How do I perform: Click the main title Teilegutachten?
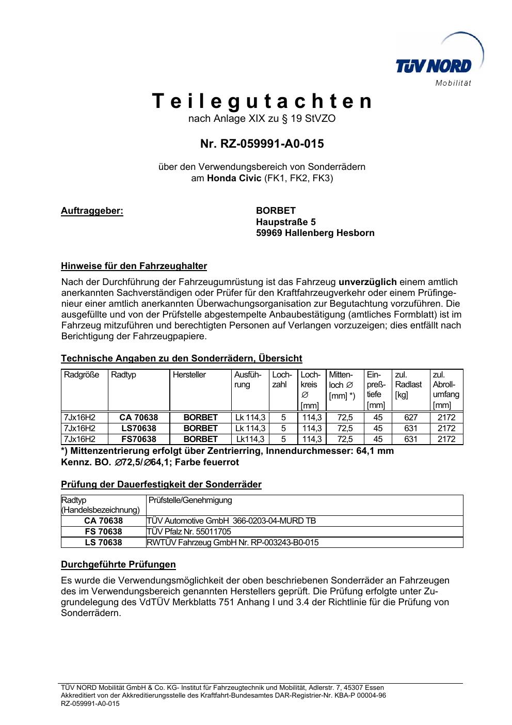click(262, 102)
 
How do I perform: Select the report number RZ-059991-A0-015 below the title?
click(262, 144)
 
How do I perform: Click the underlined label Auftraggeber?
click(92, 211)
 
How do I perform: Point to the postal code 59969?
click(269, 233)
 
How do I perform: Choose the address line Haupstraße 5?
click(286, 222)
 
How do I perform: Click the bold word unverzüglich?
click(367, 282)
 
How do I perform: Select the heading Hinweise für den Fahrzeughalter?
click(134, 266)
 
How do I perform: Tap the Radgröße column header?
click(81, 375)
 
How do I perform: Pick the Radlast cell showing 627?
click(411, 417)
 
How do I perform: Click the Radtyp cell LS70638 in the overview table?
click(138, 429)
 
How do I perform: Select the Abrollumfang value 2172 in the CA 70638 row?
click(446, 417)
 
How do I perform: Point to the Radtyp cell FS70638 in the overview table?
click(138, 439)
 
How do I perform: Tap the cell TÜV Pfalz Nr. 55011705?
click(189, 532)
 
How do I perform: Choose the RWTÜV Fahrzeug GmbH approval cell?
click(233, 543)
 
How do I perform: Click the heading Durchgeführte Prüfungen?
click(118, 564)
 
